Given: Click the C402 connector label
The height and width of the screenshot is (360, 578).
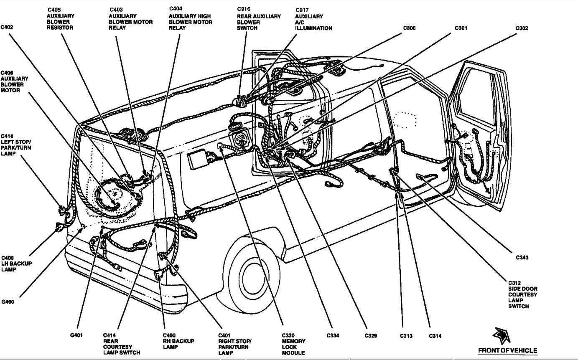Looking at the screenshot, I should tap(7, 28).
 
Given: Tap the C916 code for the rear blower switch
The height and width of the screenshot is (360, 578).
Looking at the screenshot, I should tap(244, 9).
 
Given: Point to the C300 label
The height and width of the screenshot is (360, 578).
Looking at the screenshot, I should tap(409, 28).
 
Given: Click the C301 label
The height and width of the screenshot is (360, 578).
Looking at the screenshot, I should tap(461, 28).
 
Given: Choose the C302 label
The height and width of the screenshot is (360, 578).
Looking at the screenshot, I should tap(522, 28).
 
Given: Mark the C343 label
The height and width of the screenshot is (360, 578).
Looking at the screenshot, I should tap(522, 258).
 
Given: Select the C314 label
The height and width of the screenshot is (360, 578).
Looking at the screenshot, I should tap(435, 335).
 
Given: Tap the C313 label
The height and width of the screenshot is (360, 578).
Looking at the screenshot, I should tap(406, 335).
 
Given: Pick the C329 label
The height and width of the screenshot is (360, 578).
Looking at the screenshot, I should tap(371, 335).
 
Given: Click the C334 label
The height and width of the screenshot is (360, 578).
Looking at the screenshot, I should tap(333, 335).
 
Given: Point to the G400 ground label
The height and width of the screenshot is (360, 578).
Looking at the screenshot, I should tap(8, 302).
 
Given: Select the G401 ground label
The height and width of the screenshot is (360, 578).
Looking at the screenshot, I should tap(76, 335).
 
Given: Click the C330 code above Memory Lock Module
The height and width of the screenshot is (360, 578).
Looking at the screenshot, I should tap(288, 335).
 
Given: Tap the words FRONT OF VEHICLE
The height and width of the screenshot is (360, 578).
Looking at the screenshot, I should tap(507, 350).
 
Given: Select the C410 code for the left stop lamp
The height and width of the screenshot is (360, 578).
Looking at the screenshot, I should tap(7, 136).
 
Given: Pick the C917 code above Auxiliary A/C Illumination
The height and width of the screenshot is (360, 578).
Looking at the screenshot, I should tap(302, 10).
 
